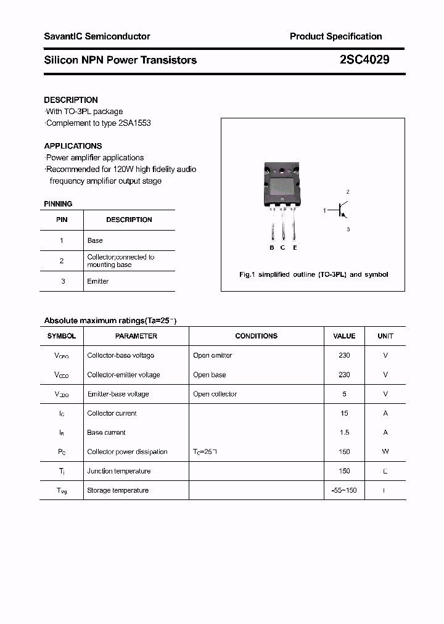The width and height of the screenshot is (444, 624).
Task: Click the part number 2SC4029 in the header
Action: coord(364,60)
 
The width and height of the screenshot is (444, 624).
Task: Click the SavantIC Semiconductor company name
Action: coord(97,36)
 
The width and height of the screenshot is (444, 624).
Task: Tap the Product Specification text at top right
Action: coord(335,36)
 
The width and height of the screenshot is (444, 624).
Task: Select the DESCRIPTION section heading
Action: coord(71,100)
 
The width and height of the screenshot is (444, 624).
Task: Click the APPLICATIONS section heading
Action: coord(73,146)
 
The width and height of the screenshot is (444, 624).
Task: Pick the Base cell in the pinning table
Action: coord(95,240)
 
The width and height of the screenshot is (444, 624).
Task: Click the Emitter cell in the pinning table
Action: coord(98,281)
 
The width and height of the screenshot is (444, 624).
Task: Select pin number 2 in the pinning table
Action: coord(62,261)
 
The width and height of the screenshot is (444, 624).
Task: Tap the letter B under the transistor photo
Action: coord(272,248)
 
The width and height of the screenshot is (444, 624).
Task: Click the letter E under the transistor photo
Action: coord(295,248)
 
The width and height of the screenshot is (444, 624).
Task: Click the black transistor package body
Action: coord(283,184)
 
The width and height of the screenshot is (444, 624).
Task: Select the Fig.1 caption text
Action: coord(313,274)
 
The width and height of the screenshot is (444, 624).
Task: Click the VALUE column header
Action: coord(344,336)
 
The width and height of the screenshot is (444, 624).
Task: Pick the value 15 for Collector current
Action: coord(344,413)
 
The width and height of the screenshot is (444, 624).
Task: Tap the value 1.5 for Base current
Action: coord(344,432)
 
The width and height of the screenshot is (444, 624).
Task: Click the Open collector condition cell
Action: coord(215,394)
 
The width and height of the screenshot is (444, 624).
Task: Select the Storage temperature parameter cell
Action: coord(118,490)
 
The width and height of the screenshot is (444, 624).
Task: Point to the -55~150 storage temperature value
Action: coord(344,490)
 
